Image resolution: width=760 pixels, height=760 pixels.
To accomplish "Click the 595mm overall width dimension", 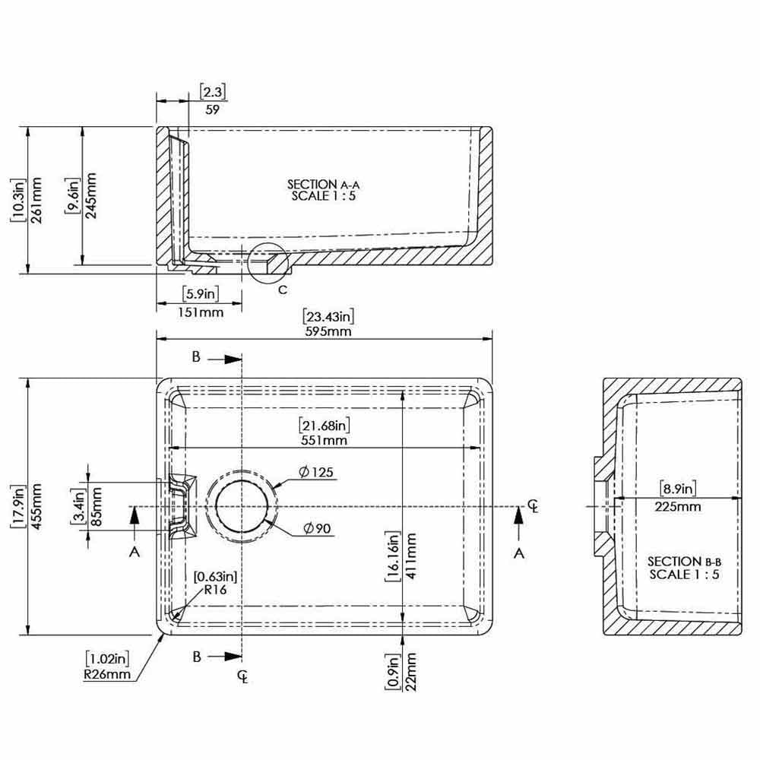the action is click(328, 331).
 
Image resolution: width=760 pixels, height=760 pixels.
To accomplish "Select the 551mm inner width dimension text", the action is click(324, 440).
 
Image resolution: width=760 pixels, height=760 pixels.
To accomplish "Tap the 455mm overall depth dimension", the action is click(36, 506).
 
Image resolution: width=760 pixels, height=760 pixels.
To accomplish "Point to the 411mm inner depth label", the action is click(410, 556).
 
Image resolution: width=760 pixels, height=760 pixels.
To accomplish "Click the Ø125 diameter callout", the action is click(316, 472).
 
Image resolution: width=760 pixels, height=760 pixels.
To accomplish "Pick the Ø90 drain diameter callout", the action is click(317, 528).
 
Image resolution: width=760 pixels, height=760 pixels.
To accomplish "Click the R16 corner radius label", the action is click(215, 590).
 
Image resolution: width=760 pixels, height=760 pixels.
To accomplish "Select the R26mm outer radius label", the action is click(107, 673).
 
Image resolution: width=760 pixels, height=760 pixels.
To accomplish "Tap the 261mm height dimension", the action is click(36, 200).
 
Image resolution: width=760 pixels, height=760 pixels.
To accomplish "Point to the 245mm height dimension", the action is click(90, 195).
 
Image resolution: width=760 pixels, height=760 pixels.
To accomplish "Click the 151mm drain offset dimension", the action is click(201, 312).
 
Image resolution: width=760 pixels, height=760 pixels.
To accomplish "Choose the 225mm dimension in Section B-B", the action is click(678, 506).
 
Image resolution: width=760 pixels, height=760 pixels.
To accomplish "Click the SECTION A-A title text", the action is click(323, 184).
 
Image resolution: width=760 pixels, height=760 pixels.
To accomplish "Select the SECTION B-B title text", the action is click(685, 562).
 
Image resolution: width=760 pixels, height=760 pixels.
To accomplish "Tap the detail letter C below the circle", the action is click(283, 290).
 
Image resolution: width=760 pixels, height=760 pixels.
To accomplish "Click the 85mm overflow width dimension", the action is click(96, 506).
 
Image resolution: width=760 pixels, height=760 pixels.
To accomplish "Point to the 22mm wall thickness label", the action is click(410, 671).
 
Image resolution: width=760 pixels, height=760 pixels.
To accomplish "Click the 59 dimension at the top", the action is click(212, 109).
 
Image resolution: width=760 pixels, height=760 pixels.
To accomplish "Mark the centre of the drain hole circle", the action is click(242, 506).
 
